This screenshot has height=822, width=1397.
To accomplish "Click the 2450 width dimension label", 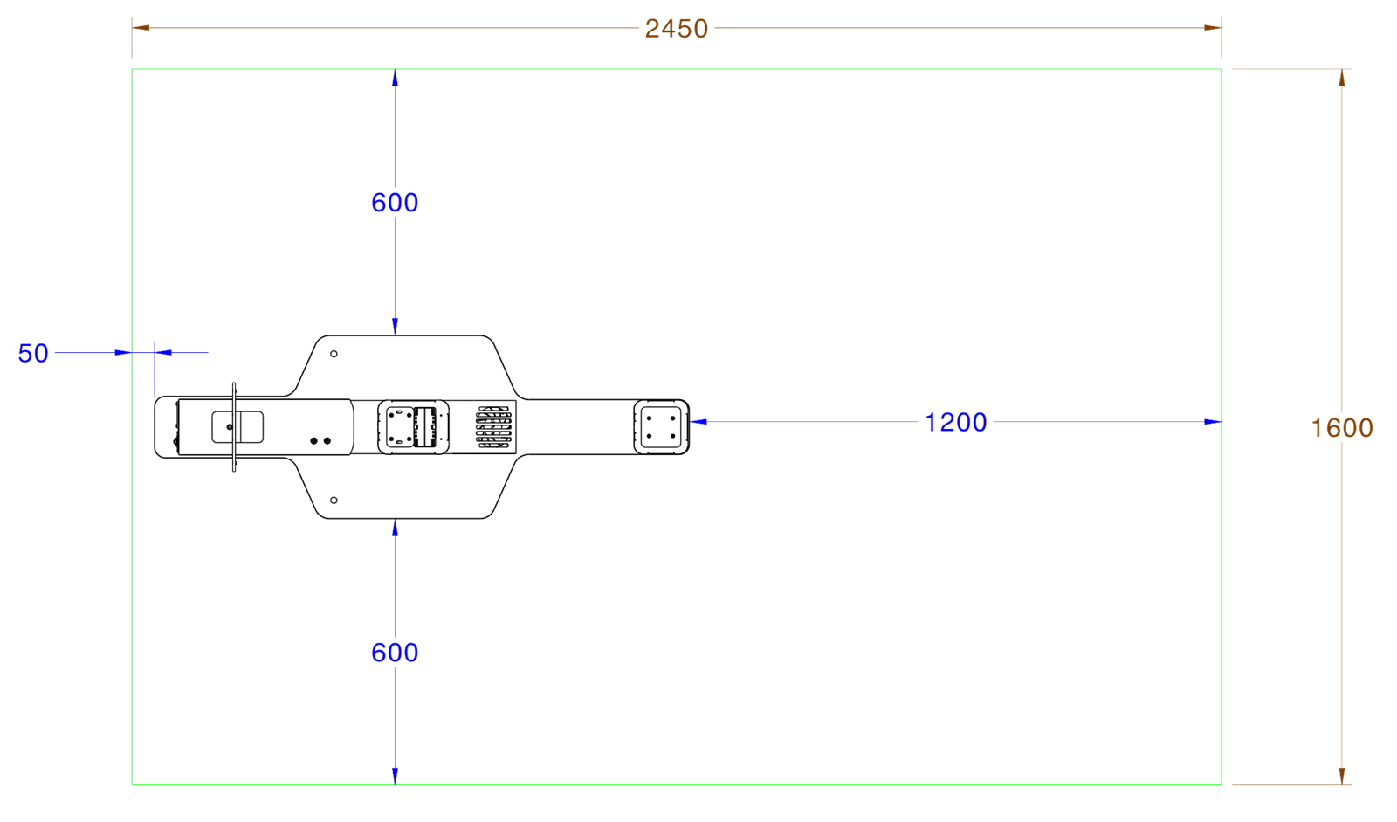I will [676, 29].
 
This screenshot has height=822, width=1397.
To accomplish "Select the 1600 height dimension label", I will [1342, 427].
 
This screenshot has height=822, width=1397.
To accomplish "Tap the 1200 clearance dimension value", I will [955, 423].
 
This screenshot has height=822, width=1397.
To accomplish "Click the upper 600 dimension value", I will [395, 203].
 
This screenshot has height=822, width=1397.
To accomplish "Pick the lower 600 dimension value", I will [395, 653].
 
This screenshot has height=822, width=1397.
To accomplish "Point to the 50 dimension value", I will [33, 354].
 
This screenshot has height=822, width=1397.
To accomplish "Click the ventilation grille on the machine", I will [495, 427].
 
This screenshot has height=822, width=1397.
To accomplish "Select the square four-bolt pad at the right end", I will [661, 426].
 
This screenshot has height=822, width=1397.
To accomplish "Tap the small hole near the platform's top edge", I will [334, 354].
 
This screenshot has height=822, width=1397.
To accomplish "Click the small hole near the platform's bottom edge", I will [334, 500].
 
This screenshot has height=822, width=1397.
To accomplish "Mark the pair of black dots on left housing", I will [321, 441].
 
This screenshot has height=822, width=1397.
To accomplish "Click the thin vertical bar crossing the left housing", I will [234, 427].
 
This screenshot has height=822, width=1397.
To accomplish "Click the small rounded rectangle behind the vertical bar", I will [237, 427].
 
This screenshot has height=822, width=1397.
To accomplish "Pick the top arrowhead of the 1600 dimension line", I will [1342, 77].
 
